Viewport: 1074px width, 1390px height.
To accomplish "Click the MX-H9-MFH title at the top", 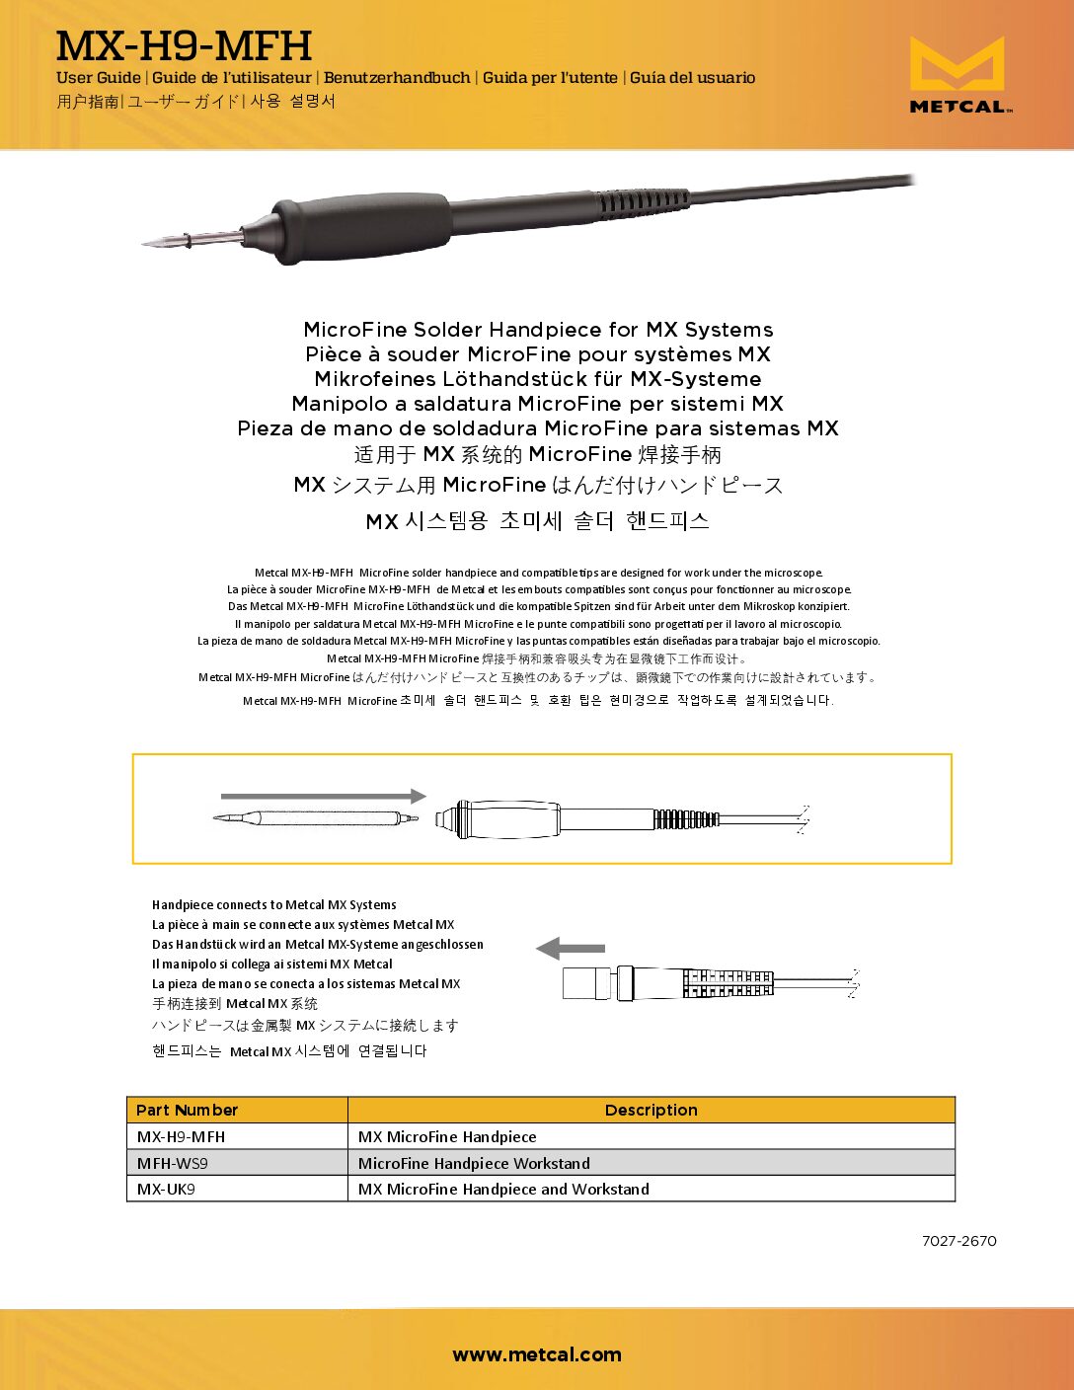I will (x=184, y=45).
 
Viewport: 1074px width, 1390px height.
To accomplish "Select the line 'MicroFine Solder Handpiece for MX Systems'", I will (x=538, y=330).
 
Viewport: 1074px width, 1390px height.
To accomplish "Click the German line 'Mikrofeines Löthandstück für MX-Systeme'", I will (x=538, y=379).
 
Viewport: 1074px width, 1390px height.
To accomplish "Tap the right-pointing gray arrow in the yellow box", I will (x=324, y=796).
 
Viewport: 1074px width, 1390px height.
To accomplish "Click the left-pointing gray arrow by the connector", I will (x=570, y=949).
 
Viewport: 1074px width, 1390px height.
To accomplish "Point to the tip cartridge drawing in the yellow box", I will (x=316, y=817).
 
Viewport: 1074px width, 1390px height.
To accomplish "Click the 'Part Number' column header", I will (x=188, y=1110).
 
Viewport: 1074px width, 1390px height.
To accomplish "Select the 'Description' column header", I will (x=651, y=1110).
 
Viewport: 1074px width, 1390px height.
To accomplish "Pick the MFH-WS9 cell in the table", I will (x=173, y=1163).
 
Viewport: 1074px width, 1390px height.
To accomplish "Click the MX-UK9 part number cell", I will (x=167, y=1189).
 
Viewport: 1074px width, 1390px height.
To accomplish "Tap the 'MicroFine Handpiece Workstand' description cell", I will (x=474, y=1163).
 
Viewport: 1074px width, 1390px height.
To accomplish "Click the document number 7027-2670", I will (x=959, y=1241).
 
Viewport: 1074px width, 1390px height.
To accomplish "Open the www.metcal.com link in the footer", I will (x=537, y=1354).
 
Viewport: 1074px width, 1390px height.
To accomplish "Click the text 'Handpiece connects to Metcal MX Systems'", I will (x=274, y=904).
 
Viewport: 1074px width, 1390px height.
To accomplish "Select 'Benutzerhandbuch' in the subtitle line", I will (x=397, y=78).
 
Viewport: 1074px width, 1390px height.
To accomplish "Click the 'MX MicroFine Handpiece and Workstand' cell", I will (x=503, y=1189).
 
